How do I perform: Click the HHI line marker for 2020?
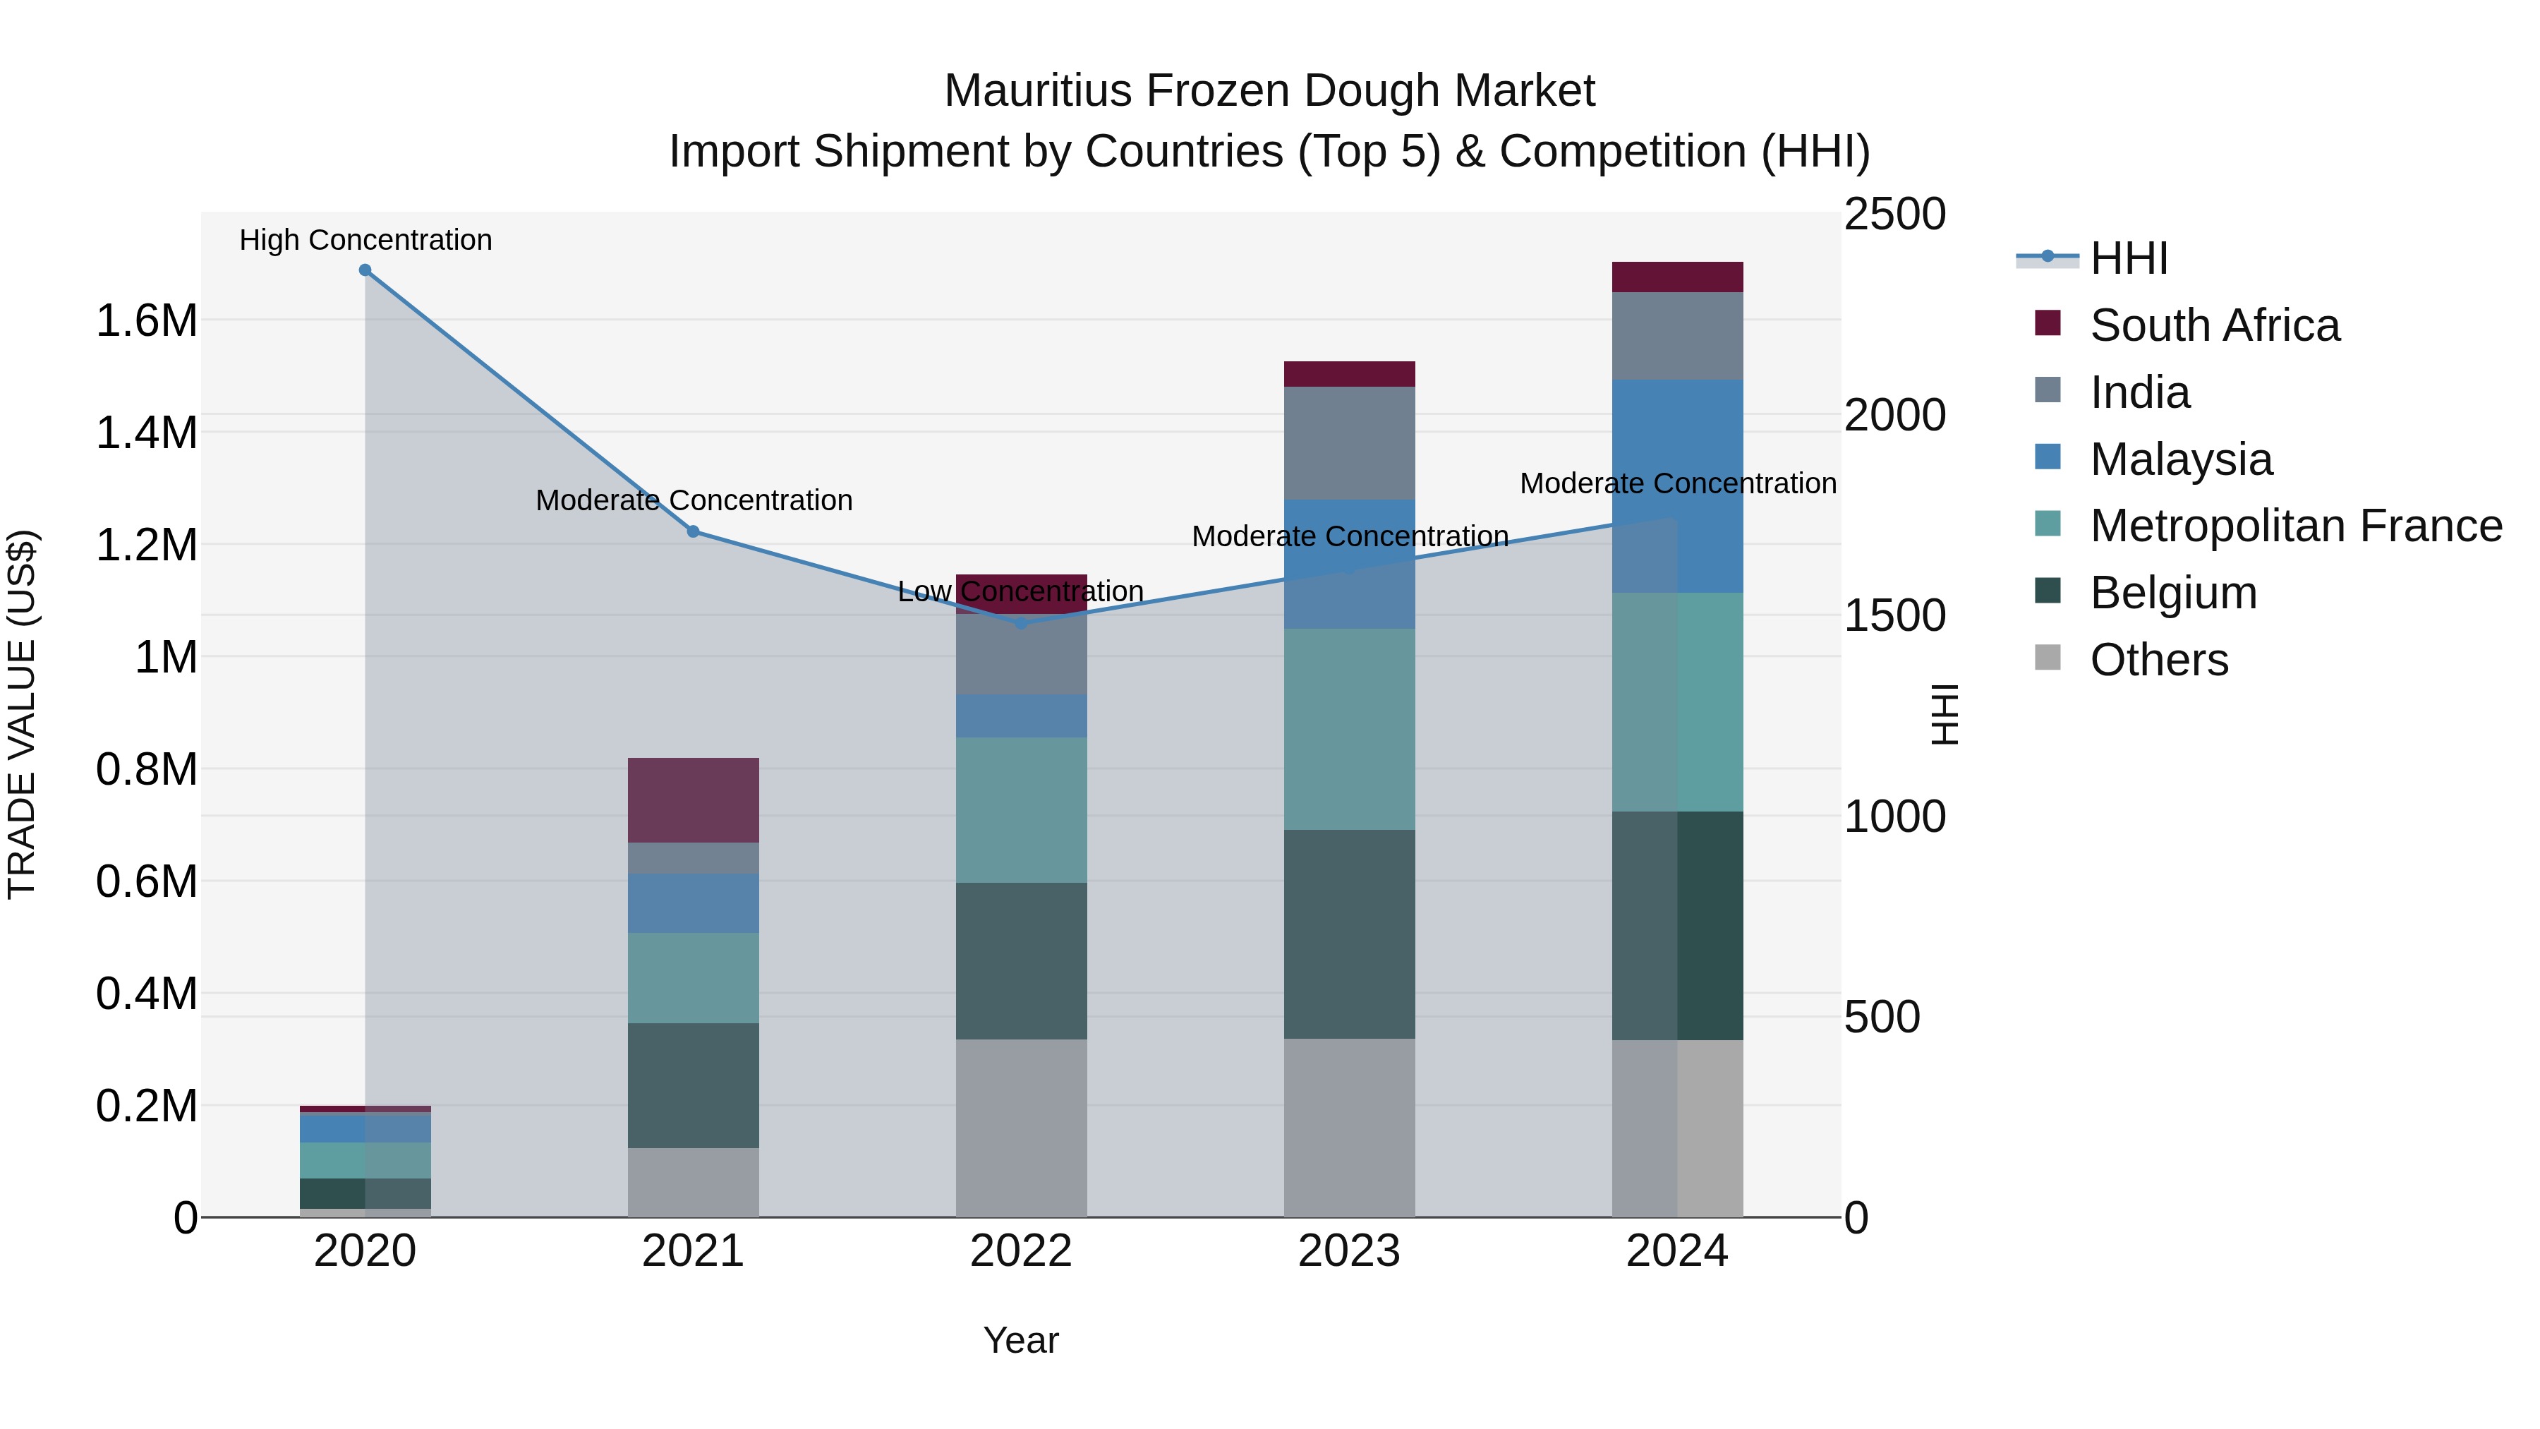point(365,270)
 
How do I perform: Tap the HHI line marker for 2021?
point(693,531)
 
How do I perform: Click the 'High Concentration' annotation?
point(365,240)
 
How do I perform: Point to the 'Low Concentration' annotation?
point(1020,592)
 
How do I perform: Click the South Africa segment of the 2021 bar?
point(693,800)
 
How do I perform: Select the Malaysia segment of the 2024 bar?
point(1677,486)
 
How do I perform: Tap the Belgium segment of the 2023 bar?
point(1349,933)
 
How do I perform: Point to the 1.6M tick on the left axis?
point(146,322)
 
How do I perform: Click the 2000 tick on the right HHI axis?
point(1895,415)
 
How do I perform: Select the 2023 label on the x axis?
point(1349,1251)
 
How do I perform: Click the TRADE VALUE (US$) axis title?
point(22,714)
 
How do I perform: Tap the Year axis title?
point(1020,1340)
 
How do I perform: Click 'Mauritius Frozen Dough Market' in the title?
point(1269,91)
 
